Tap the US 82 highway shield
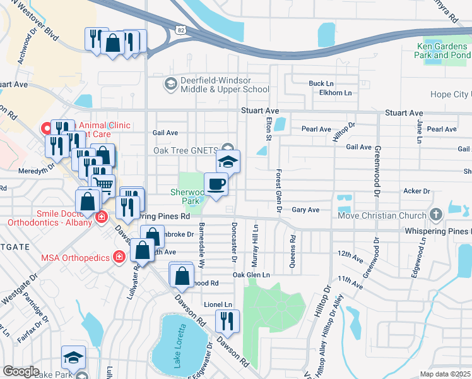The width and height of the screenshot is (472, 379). pos(182,30)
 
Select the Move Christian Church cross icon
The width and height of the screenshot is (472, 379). pos(435,215)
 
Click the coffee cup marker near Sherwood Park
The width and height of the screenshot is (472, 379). pos(216,184)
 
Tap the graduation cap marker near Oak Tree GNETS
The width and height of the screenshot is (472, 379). pos(228,161)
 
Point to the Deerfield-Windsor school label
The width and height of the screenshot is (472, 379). pos(216,85)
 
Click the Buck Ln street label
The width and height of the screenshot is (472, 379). pos(321,83)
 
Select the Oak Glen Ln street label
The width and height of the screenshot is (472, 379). pos(251,275)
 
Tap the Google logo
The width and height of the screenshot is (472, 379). pos(21,371)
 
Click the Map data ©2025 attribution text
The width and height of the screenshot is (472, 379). pos(445,374)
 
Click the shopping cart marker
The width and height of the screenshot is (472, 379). pos(103,183)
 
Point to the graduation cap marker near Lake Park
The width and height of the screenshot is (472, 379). pos(73,357)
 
